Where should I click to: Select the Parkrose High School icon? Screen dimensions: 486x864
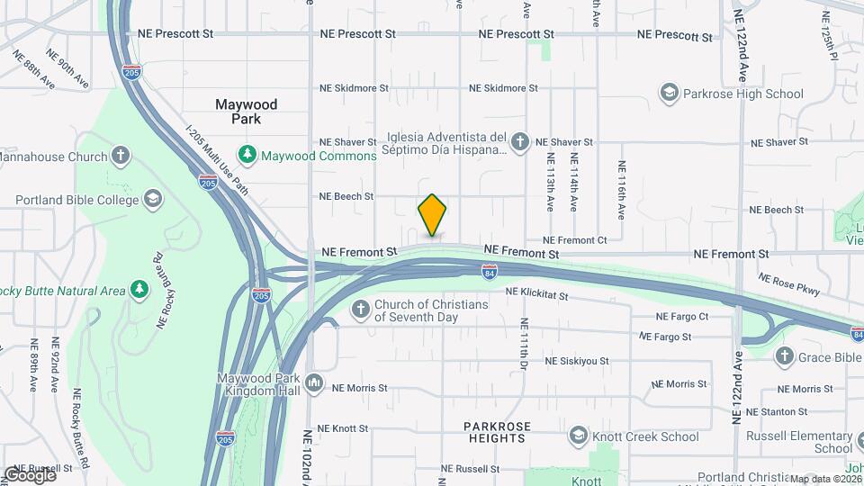669,93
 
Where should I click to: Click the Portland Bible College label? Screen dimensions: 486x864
77,199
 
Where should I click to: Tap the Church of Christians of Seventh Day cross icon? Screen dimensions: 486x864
361,310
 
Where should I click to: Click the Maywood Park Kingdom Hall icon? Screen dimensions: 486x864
314,383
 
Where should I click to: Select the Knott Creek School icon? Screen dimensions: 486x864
579,436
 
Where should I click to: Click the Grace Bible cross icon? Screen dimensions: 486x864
784,356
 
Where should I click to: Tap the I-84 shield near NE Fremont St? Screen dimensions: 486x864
489,269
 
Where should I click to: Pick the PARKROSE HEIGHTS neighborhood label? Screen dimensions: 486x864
497,432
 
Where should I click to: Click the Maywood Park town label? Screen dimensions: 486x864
246,112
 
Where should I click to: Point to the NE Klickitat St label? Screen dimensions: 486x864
537,294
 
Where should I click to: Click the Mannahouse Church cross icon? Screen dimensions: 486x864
121,156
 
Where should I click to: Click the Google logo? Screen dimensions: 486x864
30,474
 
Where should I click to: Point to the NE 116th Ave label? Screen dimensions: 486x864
621,191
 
